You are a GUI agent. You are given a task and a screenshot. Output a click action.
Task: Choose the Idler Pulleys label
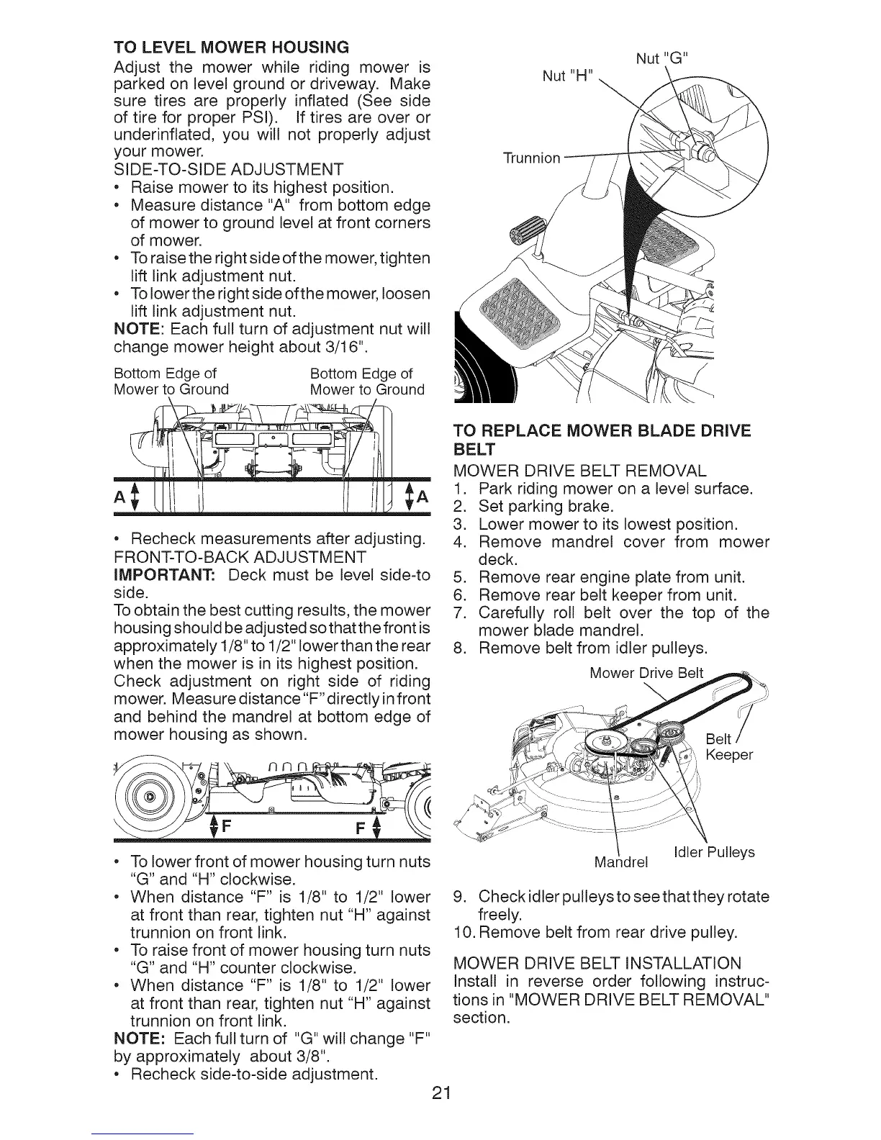[x=713, y=852]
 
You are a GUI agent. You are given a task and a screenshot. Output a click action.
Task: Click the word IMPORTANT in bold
[x=166, y=574]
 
